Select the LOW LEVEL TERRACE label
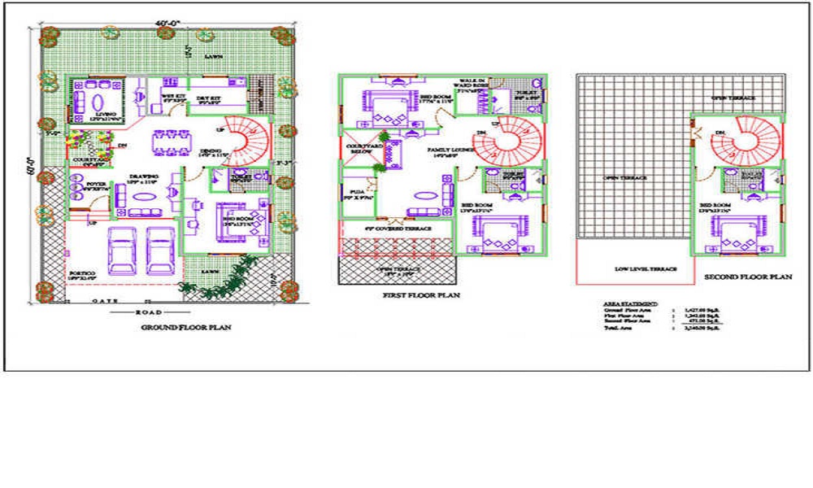(635, 268)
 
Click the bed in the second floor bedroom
(738, 234)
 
